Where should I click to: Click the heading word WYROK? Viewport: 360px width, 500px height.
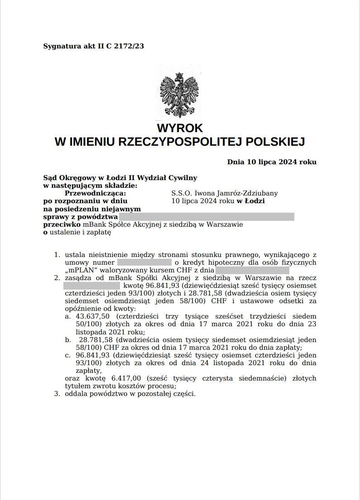click(x=180, y=128)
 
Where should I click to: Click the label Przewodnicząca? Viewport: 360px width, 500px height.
click(x=95, y=193)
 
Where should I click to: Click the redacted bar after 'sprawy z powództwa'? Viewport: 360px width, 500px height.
click(x=206, y=217)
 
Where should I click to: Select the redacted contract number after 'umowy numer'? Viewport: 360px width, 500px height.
click(x=144, y=262)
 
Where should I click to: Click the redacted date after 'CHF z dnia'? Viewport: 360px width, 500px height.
click(x=252, y=270)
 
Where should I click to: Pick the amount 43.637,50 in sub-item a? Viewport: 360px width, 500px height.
click(x=93, y=316)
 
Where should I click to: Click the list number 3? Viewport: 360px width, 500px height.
click(x=57, y=394)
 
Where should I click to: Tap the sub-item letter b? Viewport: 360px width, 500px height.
click(x=68, y=339)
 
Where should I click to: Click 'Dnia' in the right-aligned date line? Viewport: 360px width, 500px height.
click(x=235, y=162)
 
